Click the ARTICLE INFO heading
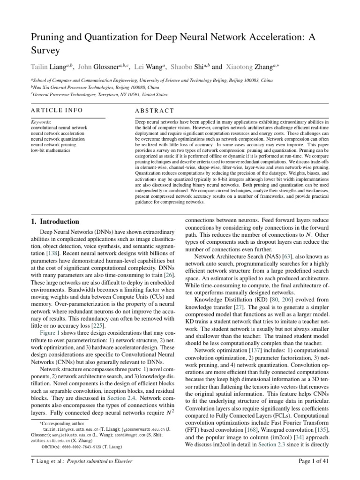[57, 110]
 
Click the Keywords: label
[41, 121]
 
